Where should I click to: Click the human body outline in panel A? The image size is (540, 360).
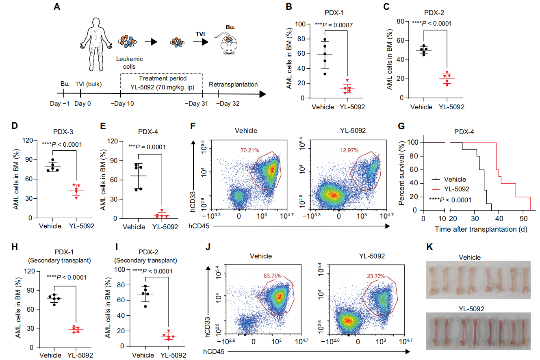click(96, 44)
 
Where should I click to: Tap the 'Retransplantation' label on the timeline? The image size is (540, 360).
click(233, 85)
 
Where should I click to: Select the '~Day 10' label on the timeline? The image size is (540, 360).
click(122, 104)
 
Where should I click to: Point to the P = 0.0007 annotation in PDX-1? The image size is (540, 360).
click(334, 25)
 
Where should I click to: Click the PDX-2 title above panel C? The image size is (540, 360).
click(434, 13)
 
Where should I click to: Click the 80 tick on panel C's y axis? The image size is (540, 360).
click(401, 22)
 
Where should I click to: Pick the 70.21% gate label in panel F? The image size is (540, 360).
click(249, 150)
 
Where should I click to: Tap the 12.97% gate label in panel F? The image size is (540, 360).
click(349, 150)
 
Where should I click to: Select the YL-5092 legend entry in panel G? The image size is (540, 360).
click(450, 189)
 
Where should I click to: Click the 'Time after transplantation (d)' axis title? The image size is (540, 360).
click(481, 229)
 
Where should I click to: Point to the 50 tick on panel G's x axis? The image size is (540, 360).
click(524, 219)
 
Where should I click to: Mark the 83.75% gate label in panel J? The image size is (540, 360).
click(272, 275)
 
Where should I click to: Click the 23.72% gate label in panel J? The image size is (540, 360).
click(375, 276)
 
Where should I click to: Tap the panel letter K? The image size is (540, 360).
click(429, 247)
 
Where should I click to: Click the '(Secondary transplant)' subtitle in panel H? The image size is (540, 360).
click(60, 260)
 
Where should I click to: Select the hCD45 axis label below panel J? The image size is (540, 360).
click(214, 351)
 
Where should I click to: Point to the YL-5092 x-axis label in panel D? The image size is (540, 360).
click(82, 226)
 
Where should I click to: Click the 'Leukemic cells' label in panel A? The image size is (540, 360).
click(130, 63)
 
